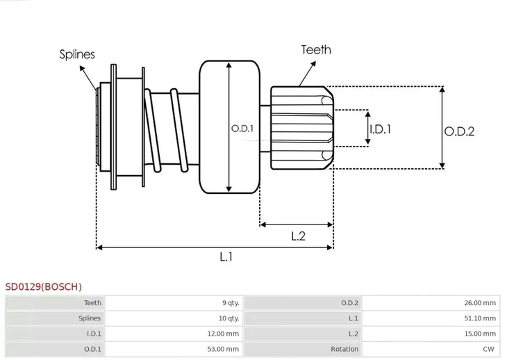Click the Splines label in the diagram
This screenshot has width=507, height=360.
coord(77,54)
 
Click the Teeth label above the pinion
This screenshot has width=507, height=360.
coord(315,50)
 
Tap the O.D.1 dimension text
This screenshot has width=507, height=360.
coord(242,129)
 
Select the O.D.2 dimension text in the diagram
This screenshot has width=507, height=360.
coord(459,130)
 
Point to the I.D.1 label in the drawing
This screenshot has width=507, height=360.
coord(380,129)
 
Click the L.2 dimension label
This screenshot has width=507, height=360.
coord(298,236)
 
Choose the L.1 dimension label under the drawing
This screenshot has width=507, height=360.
coord(226,257)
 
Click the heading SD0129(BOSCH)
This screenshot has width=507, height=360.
coord(43,286)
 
